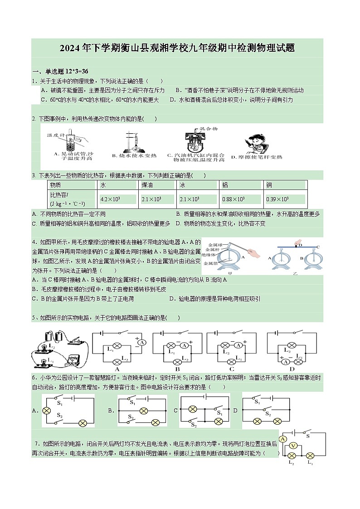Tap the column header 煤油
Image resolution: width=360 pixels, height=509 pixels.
pyautogui.click(x=147, y=185)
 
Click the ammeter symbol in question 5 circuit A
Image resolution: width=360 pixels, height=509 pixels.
pyautogui.click(x=141, y=343)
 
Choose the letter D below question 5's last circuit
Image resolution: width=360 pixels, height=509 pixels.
pyautogui.click(x=292, y=369)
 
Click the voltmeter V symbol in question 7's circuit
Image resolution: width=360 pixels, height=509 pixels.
pyautogui.click(x=293, y=446)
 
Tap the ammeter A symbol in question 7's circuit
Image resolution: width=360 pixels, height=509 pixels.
pyautogui.click(x=283, y=439)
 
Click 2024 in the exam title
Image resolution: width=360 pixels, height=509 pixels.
pyautogui.click(x=70, y=48)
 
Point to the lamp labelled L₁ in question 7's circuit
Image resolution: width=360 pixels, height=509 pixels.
pyautogui.click(x=311, y=456)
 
